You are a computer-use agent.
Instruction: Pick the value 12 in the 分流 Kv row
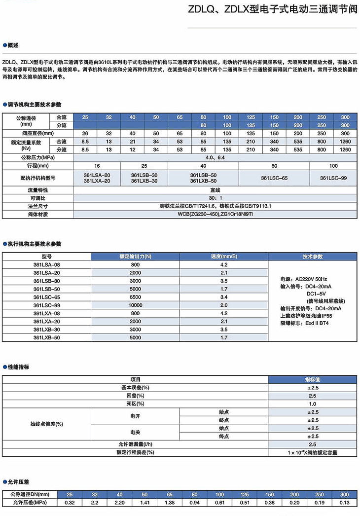pyautogui.click(x=132, y=149)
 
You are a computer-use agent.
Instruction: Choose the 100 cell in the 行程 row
pyautogui.click(x=333, y=166)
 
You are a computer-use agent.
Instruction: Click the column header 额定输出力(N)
pyautogui.click(x=135, y=257)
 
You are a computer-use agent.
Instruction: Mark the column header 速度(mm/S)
pyautogui.click(x=224, y=257)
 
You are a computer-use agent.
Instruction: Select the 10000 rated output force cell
pyautogui.click(x=135, y=305)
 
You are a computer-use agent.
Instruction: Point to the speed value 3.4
pyautogui.click(x=224, y=297)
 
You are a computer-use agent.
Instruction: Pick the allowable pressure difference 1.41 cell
pyautogui.click(x=144, y=503)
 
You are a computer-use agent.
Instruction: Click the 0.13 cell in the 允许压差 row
pyautogui.click(x=344, y=503)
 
